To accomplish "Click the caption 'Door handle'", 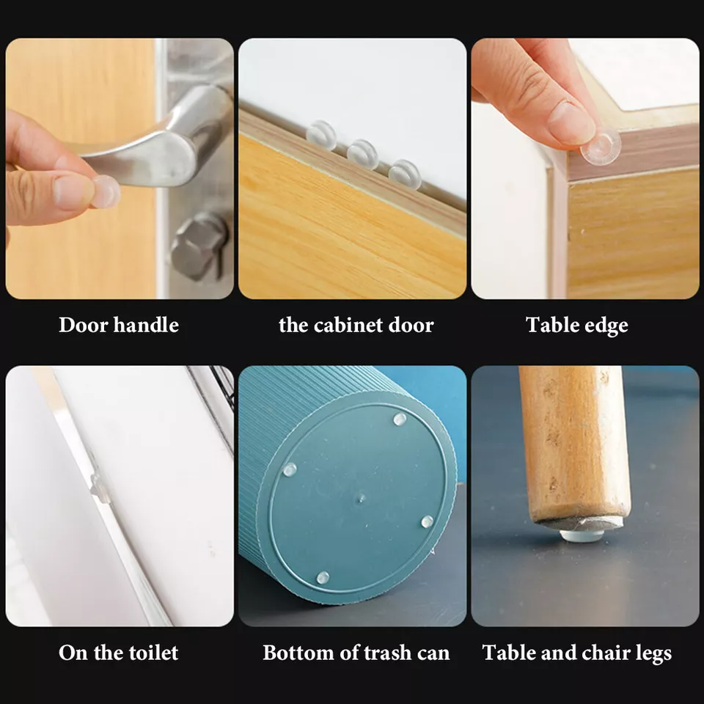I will (119, 325).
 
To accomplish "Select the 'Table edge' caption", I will (577, 325).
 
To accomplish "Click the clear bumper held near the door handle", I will (107, 191).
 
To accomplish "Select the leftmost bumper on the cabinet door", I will (320, 135).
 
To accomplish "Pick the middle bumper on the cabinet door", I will (362, 154).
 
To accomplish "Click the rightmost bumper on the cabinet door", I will (404, 174).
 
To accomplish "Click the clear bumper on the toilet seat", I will (98, 488).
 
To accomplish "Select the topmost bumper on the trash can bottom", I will (400, 419).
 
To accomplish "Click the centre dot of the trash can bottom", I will (360, 498).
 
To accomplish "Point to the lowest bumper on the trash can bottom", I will (323, 577).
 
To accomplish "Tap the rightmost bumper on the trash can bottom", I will (428, 521).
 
